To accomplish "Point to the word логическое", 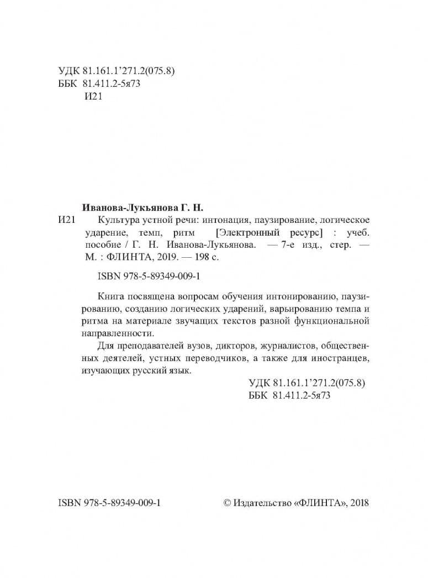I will click(x=346, y=221).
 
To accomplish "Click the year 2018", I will click(x=359, y=503).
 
